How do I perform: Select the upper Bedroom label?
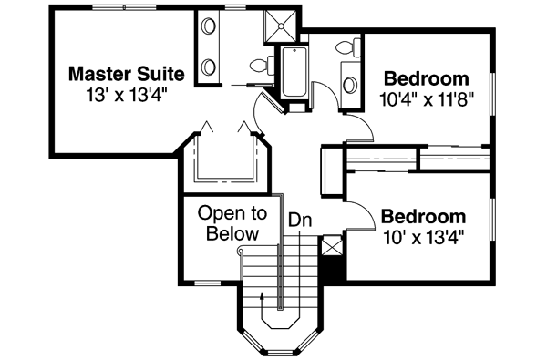pos(427,77)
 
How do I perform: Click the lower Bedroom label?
pos(423,218)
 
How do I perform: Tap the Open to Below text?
pos(233,224)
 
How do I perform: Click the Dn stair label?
pos(300,220)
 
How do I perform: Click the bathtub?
pos(294,73)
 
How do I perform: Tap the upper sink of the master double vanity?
pos(207,25)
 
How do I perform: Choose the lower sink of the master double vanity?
pos(207,67)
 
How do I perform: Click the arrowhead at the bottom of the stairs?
pos(263,295)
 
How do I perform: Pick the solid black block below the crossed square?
pos(332,270)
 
